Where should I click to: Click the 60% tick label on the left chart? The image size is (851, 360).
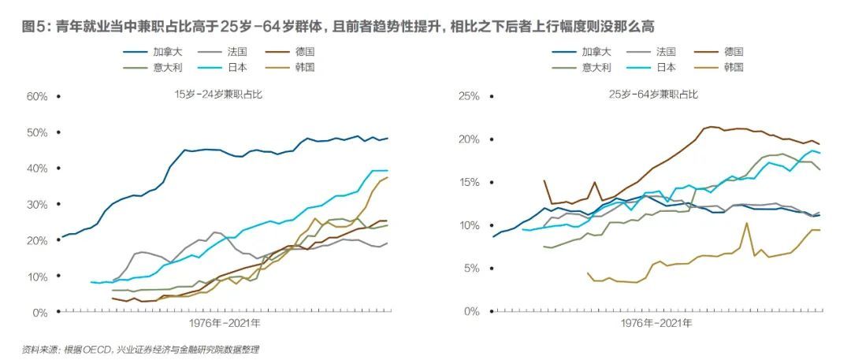37,97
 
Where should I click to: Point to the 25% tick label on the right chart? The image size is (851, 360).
469,97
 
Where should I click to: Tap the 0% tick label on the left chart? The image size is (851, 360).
41,313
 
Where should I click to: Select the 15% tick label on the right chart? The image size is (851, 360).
469,183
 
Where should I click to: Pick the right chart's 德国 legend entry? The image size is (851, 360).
734,52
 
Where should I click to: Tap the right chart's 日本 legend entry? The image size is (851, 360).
666,67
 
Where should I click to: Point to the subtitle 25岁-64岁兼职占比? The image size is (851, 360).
653,95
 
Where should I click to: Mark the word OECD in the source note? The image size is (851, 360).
98,349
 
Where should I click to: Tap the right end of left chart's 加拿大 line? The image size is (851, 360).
388,138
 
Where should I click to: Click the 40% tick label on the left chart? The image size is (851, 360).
37,169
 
